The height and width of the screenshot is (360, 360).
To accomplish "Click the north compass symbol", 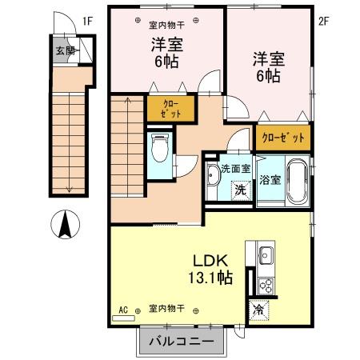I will [66, 225].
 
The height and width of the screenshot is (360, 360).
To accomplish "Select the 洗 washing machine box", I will [238, 191].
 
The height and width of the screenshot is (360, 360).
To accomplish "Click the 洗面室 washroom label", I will [236, 169].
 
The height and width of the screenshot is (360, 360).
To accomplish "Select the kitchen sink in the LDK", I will [266, 258].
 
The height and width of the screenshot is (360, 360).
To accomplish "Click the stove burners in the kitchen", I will [266, 285].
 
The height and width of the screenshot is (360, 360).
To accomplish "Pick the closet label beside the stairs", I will [171, 109].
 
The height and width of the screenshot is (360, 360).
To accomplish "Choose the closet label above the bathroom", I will [283, 138].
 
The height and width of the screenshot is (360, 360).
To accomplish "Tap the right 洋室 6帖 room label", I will [266, 66].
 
